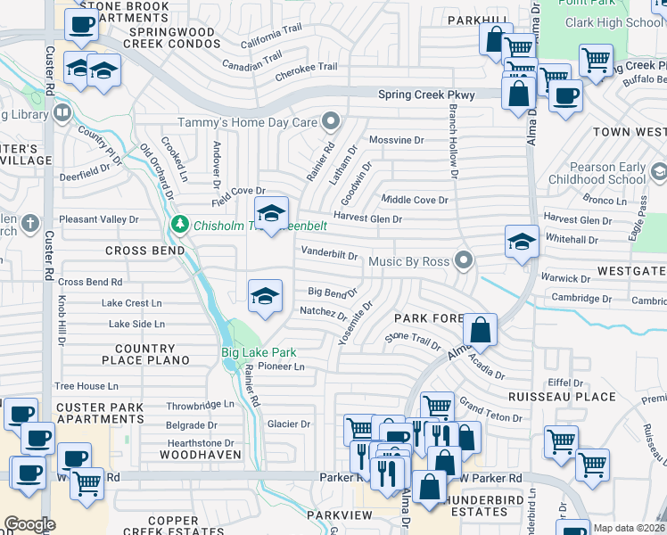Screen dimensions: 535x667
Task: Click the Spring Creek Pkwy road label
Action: [x=426, y=95]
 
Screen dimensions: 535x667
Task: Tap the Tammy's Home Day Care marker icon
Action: [x=331, y=120]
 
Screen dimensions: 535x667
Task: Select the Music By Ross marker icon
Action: [x=462, y=259]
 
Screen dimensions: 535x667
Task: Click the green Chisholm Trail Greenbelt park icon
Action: [x=180, y=223]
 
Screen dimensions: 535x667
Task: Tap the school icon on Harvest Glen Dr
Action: [x=271, y=213]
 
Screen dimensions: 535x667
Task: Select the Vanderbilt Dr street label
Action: [x=329, y=253]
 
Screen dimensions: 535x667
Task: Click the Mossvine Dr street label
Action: [x=396, y=140]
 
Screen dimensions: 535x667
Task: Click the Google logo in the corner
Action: [x=29, y=524]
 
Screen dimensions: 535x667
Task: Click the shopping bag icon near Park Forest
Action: [x=480, y=330]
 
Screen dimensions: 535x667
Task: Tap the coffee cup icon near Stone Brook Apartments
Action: [x=82, y=26]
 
